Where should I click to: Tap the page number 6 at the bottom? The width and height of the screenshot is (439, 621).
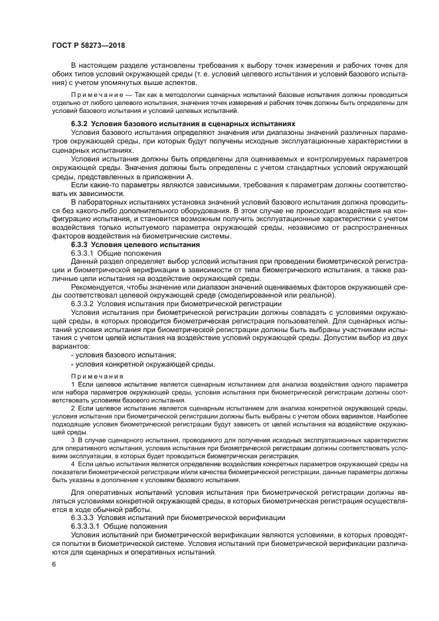[x=52, y=564]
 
